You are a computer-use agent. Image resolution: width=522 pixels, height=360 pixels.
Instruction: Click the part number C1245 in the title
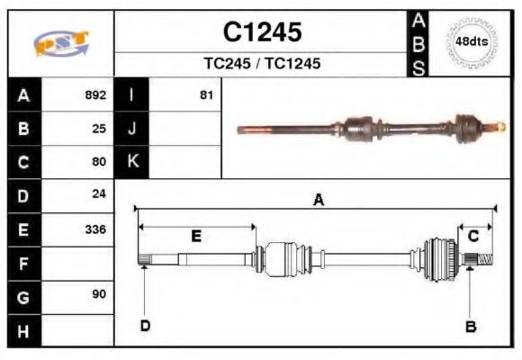click(x=262, y=32)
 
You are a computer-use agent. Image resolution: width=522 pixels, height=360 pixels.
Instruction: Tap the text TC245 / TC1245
click(x=262, y=64)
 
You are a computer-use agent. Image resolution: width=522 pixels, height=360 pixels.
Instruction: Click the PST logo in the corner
click(x=60, y=43)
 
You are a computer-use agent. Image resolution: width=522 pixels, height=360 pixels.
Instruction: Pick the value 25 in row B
click(x=99, y=128)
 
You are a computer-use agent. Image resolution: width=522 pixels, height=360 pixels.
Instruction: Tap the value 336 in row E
click(x=95, y=229)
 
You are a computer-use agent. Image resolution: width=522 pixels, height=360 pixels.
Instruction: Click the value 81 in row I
click(x=206, y=94)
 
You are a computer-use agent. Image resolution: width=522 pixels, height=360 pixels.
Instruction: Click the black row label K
click(x=132, y=162)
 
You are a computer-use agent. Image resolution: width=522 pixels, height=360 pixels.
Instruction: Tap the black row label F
click(x=23, y=263)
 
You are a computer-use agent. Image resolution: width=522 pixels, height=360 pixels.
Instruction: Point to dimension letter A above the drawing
click(x=318, y=201)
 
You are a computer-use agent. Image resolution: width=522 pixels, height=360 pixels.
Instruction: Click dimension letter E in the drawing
click(x=195, y=236)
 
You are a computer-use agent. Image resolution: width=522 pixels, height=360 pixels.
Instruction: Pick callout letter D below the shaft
click(x=145, y=325)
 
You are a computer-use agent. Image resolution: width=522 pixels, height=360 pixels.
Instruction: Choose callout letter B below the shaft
click(x=470, y=326)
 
